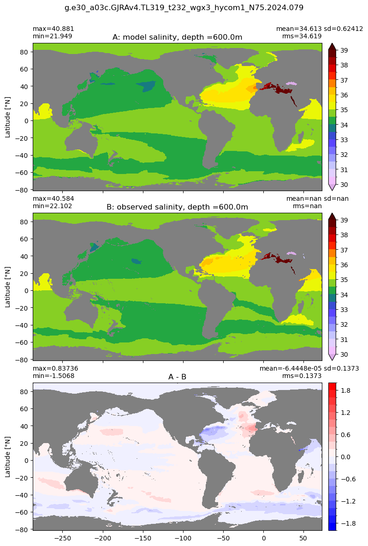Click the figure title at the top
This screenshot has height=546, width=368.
coord(184,7)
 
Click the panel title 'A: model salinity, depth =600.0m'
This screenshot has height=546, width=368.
coord(178,37)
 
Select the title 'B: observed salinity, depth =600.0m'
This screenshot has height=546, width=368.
coord(178,207)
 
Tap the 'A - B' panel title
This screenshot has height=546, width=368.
coord(178,377)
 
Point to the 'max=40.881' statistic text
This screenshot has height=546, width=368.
coord(53,29)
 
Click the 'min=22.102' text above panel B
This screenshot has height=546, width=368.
coord(53,206)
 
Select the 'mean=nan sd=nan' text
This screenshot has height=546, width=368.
coord(317,198)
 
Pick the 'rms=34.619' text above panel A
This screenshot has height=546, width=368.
coord(302,36)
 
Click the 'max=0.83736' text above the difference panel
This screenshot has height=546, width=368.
coord(55,368)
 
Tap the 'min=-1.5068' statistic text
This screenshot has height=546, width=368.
coord(53,376)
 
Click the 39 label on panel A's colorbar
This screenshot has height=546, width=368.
coord(344,50)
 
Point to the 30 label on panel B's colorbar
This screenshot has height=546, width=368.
coord(344,354)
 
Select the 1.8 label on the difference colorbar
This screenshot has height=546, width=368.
coord(346,391)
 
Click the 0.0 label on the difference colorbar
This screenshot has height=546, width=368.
coord(346,457)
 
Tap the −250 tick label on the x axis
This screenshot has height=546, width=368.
coord(63,538)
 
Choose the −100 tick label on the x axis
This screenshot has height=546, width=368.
coord(183,538)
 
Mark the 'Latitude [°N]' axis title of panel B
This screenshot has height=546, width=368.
coord(8,287)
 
